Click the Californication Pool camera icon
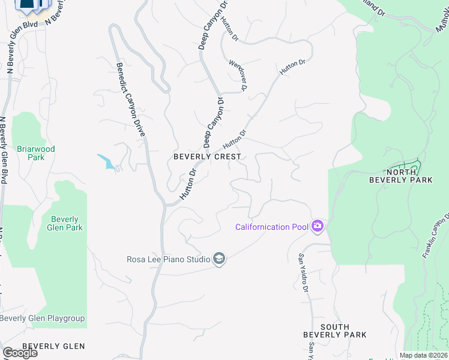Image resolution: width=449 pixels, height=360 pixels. (x=318, y=226)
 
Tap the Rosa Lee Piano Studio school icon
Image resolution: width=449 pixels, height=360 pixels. (x=219, y=259)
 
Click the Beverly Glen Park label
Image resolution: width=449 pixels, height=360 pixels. (x=67, y=223)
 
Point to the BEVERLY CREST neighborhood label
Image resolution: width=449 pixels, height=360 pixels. (x=207, y=157)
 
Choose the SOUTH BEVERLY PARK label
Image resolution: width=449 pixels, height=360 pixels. (x=335, y=331)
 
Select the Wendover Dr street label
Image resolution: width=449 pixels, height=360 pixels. (x=238, y=75)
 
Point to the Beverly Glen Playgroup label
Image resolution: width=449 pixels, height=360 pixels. (x=42, y=318)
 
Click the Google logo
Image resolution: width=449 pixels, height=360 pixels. (x=19, y=353)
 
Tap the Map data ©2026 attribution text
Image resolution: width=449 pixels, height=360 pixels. (x=423, y=355)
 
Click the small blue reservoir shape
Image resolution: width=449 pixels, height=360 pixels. (x=106, y=161)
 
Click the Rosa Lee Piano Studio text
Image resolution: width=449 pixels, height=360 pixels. (x=168, y=259)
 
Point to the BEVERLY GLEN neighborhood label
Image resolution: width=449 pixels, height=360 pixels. (x=53, y=346)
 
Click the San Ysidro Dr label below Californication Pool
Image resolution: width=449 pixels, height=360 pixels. (x=304, y=272)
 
